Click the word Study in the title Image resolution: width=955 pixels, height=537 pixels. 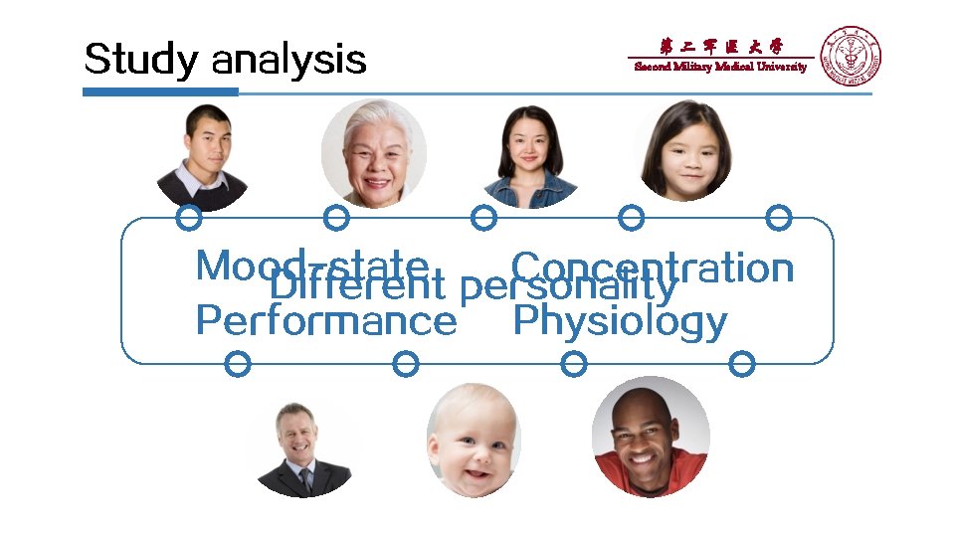pos(142,60)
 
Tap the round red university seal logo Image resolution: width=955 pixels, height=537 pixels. pos(850,56)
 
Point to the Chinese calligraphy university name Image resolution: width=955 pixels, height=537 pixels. pos(721,46)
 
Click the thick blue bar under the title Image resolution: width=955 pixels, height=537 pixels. pos(160,91)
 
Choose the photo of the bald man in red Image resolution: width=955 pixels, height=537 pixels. pos(651,438)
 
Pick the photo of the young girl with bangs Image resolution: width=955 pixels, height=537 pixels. pos(683,151)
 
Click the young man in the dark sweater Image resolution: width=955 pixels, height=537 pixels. pos(202,157)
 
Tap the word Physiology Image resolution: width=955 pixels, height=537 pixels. pos(619,321)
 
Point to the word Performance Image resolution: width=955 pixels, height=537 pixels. pos(326,321)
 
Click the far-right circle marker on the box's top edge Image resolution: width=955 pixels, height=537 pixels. pos(779,217)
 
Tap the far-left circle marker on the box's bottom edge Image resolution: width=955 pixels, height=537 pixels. pos(237,364)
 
